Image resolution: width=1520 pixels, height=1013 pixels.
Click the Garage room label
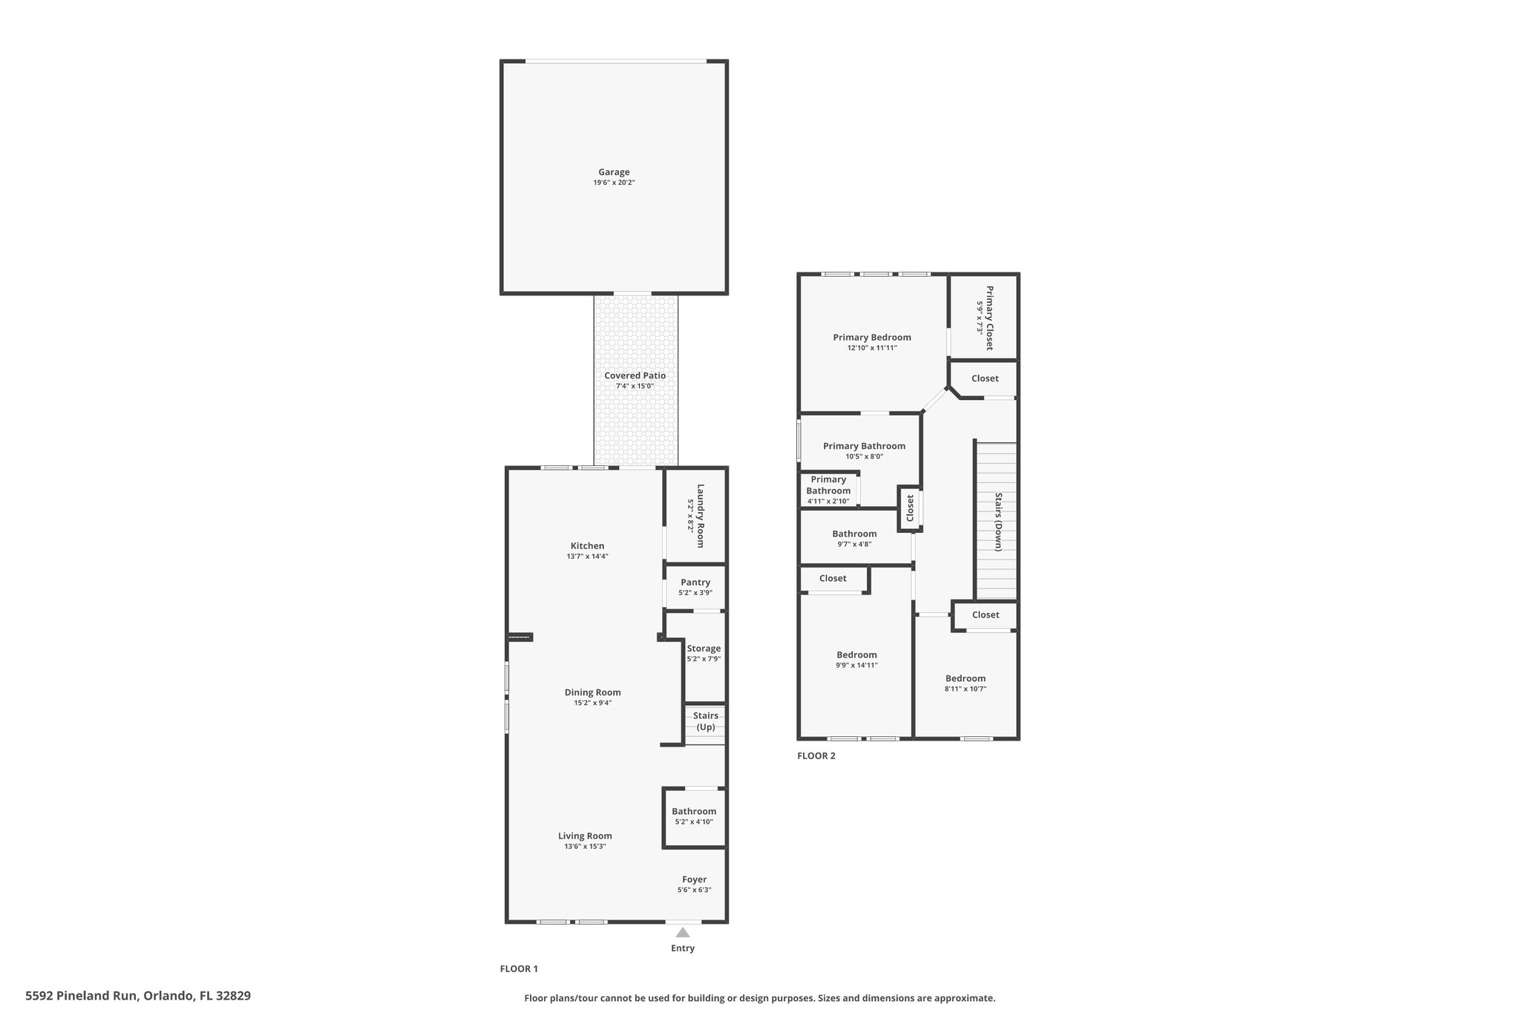[x=614, y=172]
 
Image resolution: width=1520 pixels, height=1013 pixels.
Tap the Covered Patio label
[x=635, y=376]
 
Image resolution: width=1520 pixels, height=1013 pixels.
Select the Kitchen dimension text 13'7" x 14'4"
[x=587, y=557]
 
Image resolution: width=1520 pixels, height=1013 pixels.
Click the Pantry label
[x=695, y=583]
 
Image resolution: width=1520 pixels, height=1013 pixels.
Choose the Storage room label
[x=704, y=649]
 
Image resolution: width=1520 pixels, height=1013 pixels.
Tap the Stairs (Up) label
[x=705, y=721]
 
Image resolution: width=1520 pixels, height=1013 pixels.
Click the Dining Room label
[x=592, y=692]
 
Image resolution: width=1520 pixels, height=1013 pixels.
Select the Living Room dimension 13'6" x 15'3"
[x=585, y=846]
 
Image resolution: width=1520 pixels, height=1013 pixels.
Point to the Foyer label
[x=694, y=879]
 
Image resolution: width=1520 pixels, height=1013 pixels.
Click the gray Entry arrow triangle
[x=683, y=933]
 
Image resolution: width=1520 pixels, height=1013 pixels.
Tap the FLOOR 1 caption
[x=519, y=968]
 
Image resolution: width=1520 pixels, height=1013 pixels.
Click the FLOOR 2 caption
[x=816, y=756]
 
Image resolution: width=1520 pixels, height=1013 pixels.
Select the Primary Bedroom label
[x=871, y=337]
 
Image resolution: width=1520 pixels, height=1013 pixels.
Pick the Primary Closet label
[x=989, y=318]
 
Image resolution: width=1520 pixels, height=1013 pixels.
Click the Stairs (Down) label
[x=998, y=522]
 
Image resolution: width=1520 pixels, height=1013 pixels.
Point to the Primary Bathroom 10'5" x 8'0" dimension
[x=864, y=456]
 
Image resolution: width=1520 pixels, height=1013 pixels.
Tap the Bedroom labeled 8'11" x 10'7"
[x=966, y=678]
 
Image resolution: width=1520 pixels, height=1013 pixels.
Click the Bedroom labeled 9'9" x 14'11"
[x=856, y=655]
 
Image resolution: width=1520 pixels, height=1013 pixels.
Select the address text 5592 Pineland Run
[x=81, y=996]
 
